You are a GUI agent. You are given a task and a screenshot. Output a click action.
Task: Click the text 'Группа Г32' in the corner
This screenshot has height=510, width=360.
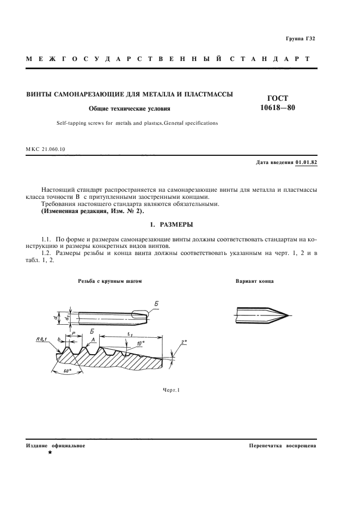[301, 39]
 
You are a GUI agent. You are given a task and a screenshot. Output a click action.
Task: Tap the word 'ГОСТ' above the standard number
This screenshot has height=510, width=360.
[278, 98]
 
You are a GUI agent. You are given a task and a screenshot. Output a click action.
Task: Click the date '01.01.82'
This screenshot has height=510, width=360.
[306, 162]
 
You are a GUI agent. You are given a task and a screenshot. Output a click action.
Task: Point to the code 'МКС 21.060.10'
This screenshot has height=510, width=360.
[46, 148]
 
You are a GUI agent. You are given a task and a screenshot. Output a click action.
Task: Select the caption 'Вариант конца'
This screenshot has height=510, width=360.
[254, 282]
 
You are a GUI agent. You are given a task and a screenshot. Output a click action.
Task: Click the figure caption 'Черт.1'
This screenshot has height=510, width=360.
[171, 390]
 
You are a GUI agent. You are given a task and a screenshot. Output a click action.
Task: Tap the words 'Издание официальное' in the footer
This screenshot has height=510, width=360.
[56, 445]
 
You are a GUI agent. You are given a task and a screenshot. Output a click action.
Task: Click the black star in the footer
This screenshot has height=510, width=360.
[50, 452]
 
